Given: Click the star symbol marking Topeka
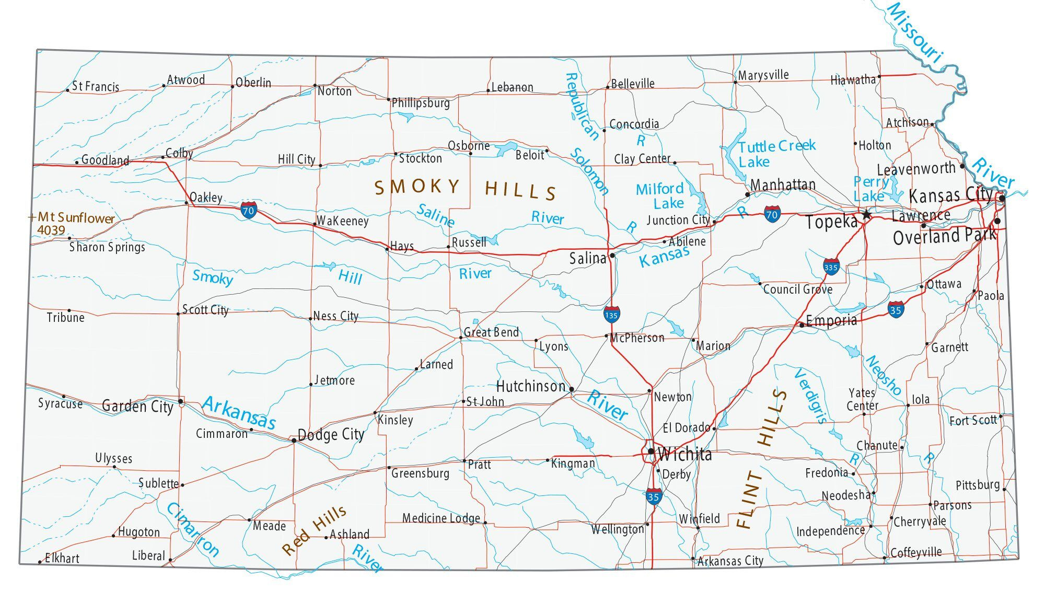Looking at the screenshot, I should [x=866, y=215].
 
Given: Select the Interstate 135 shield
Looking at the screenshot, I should [x=611, y=315].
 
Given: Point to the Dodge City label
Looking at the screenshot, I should [x=331, y=435].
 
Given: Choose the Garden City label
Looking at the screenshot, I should [x=137, y=407].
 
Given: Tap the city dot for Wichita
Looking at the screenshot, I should [x=651, y=451].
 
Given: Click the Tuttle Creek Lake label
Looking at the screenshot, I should [x=776, y=154].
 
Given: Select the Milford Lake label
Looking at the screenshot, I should [x=660, y=196].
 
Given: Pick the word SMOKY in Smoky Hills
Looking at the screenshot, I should [x=417, y=187].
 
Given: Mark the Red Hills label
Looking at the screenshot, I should [x=314, y=530].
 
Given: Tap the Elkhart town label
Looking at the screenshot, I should [x=62, y=558].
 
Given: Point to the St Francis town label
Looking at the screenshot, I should [x=96, y=87].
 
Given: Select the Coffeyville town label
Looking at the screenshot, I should [x=916, y=553].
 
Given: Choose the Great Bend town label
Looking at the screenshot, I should [x=491, y=332].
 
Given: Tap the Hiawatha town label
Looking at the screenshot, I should [x=853, y=80].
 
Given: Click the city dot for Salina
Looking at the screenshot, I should [x=612, y=256].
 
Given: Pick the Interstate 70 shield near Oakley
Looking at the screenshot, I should [x=249, y=211].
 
